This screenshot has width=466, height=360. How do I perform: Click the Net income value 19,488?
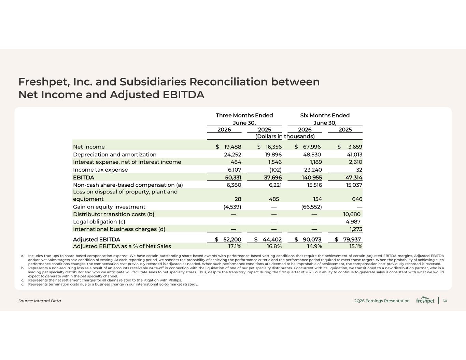(x=232, y=147)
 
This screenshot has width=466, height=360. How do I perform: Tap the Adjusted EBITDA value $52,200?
(x=228, y=239)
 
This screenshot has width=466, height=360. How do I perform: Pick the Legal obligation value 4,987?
(x=353, y=221)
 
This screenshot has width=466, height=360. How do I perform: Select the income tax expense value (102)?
(x=276, y=170)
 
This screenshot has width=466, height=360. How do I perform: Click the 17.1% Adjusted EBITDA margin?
(x=235, y=246)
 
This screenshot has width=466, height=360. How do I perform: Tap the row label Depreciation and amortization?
(x=115, y=155)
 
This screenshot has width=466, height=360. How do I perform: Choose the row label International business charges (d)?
(x=119, y=229)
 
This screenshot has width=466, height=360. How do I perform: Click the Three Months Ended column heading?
(x=244, y=115)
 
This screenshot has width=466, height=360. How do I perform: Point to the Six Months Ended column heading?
(x=325, y=115)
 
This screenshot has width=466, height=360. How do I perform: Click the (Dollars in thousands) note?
(x=285, y=136)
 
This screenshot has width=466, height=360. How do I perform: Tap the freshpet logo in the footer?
(x=425, y=300)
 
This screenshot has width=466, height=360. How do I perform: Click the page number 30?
(x=445, y=301)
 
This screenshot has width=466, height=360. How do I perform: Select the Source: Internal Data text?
(x=40, y=301)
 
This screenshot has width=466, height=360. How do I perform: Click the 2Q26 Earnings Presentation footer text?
(x=382, y=301)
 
